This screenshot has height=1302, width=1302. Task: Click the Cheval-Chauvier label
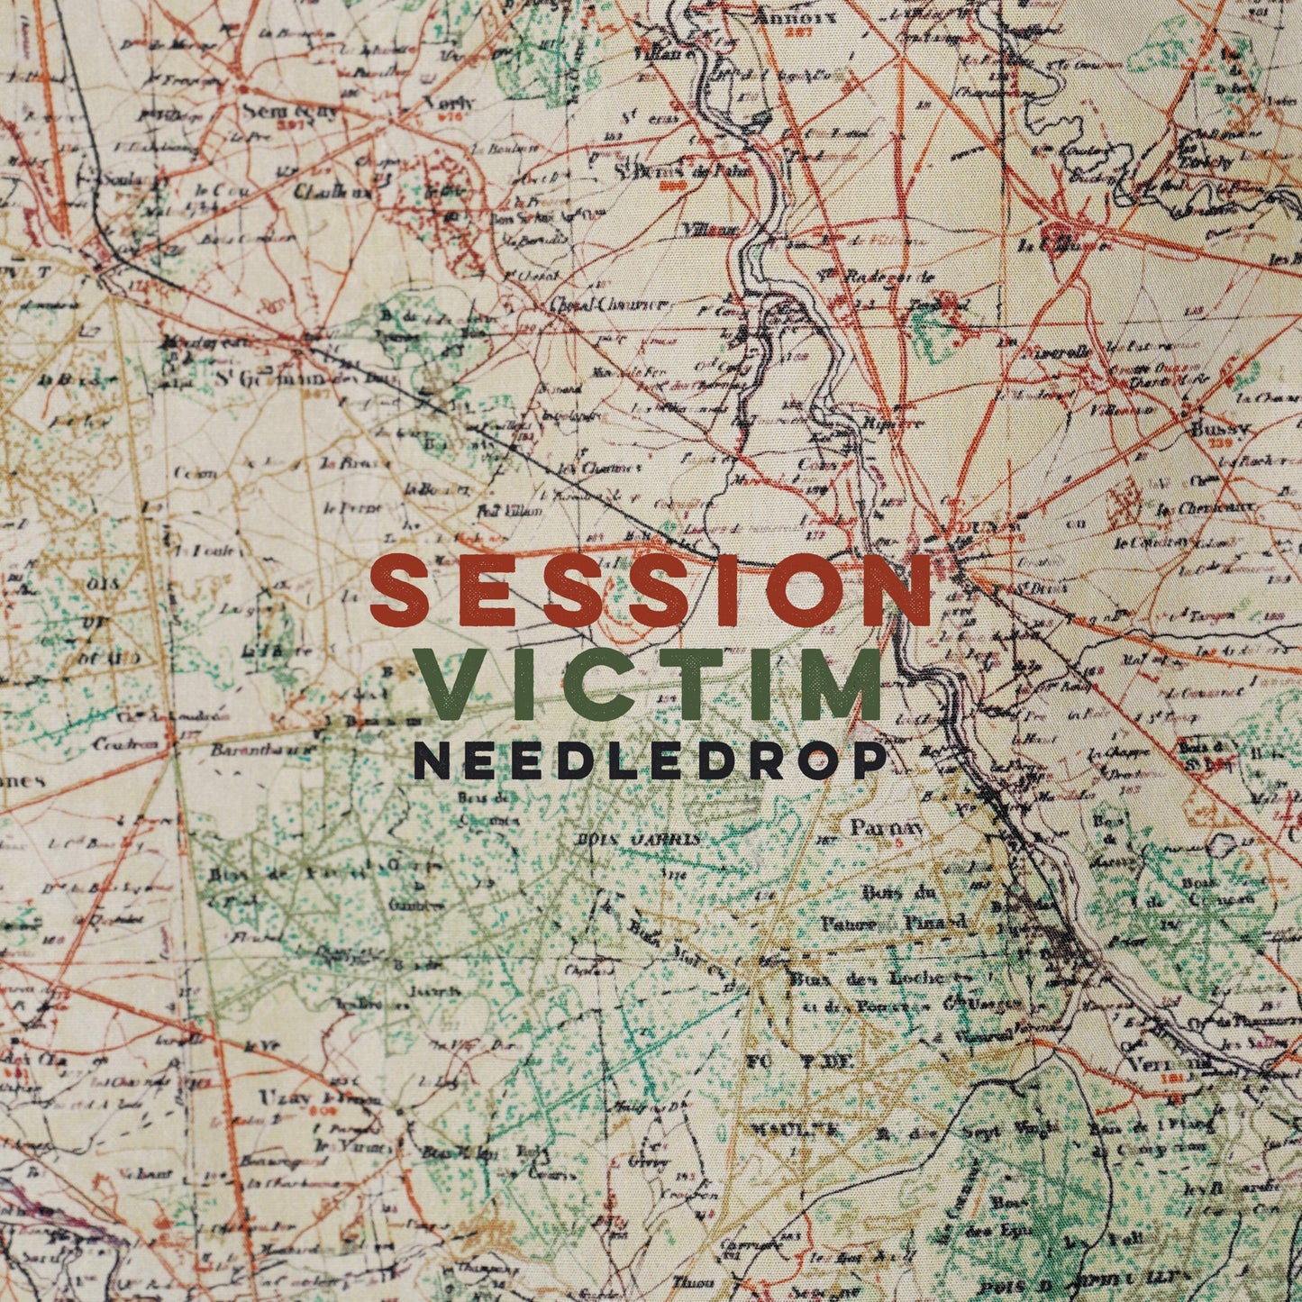tap(605, 304)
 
